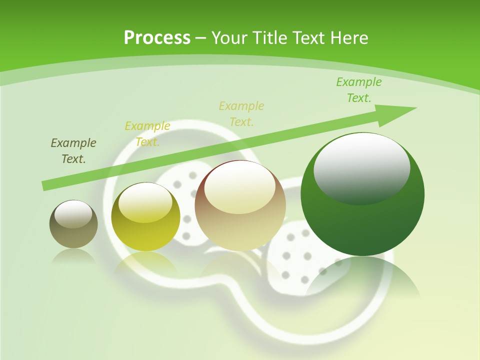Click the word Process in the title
[157, 38]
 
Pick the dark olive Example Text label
[73, 151]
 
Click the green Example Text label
[358, 90]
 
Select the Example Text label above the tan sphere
[241, 114]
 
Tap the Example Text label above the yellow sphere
[147, 134]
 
